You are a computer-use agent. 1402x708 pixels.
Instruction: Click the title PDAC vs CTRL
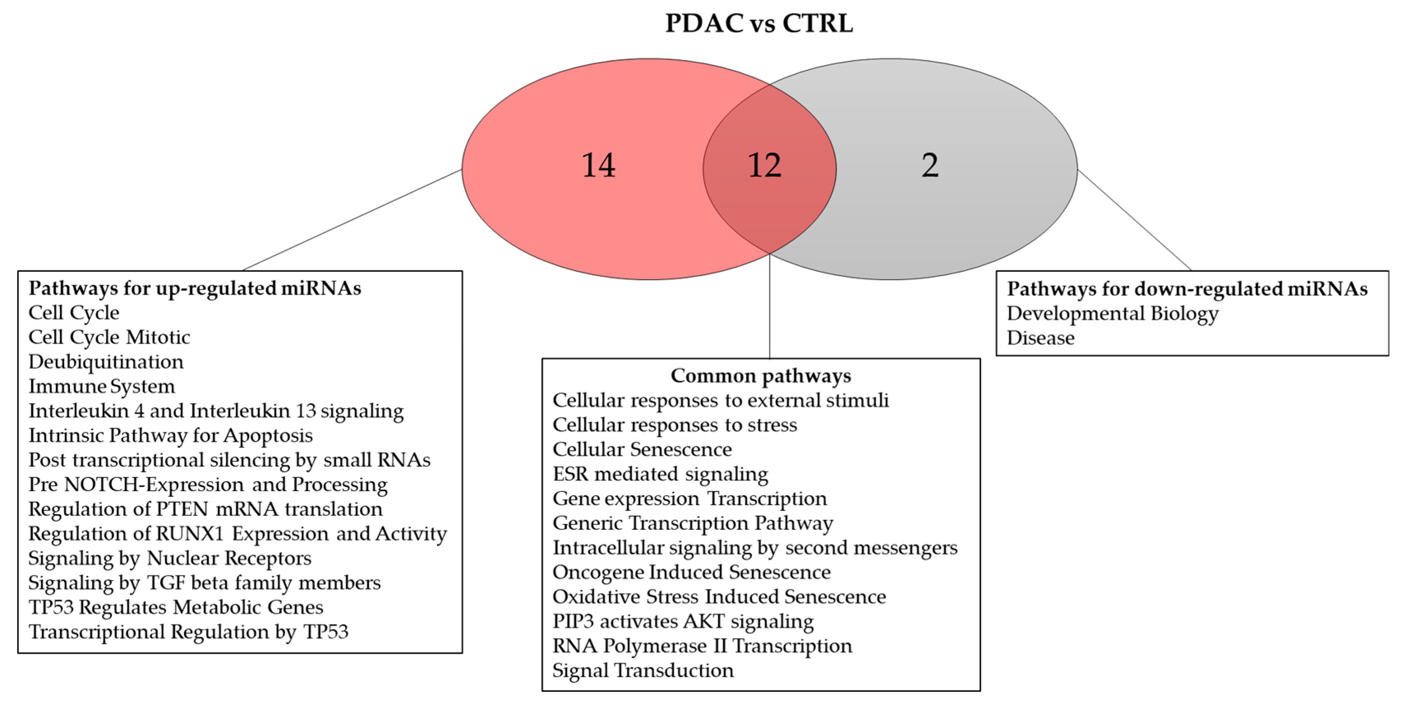click(759, 23)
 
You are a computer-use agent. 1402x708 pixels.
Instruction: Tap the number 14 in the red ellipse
click(598, 166)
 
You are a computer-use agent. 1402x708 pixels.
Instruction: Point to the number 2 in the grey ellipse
click(930, 166)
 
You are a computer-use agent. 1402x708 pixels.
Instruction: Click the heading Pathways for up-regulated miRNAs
click(195, 288)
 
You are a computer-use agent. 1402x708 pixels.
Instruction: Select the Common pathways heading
click(760, 375)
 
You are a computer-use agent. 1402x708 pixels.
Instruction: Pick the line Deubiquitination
click(106, 362)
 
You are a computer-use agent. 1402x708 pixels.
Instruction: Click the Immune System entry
click(102, 386)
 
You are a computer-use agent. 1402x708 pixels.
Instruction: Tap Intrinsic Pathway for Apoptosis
click(170, 435)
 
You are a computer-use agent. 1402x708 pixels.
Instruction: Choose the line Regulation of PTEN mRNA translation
click(205, 509)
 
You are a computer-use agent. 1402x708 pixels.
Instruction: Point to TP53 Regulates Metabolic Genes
click(176, 607)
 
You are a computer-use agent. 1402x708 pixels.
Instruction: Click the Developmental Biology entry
click(1112, 313)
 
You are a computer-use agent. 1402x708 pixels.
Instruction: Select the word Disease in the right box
click(1040, 338)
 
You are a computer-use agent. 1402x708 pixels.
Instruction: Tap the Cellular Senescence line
click(642, 450)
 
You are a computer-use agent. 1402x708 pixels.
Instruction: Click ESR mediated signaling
click(660, 474)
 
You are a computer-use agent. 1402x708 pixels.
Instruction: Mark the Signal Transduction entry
click(643, 670)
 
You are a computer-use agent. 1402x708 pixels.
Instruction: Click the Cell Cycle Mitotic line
click(109, 338)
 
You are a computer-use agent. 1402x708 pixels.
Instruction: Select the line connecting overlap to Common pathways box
click(769, 308)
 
